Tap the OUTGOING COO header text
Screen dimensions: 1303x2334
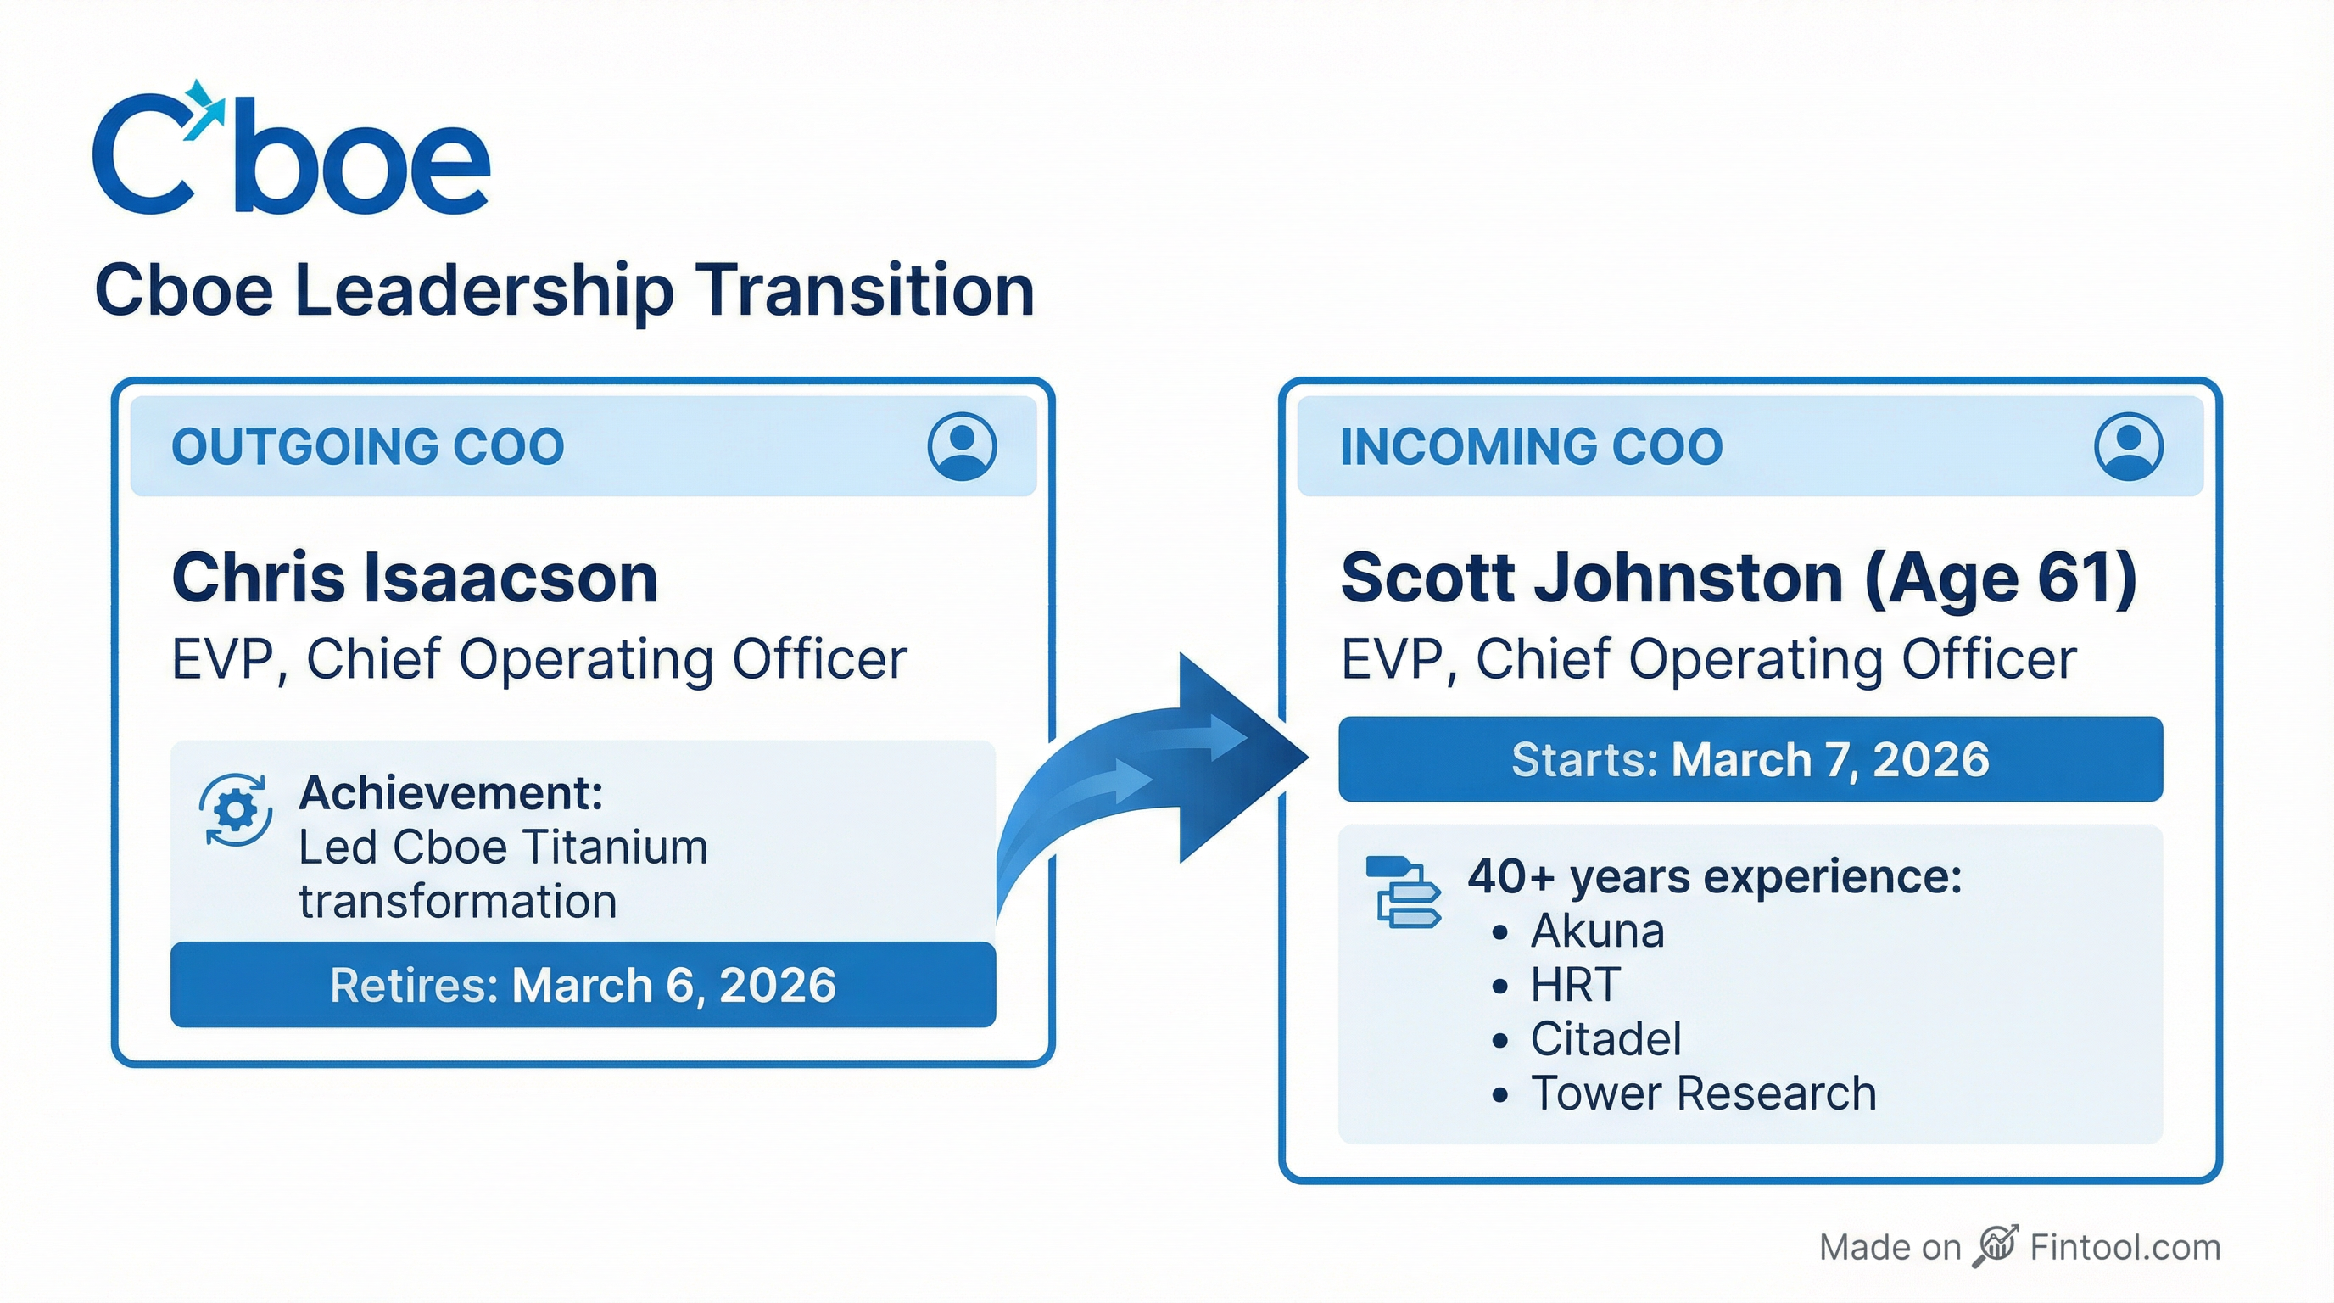[368, 447]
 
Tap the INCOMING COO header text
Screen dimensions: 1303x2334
[1531, 447]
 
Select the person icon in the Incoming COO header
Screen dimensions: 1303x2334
[2128, 446]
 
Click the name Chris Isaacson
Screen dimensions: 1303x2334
[415, 578]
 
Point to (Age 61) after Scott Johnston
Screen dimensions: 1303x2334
[2001, 578]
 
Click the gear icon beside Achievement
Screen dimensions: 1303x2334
[236, 809]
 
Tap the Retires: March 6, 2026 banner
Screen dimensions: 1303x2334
[583, 985]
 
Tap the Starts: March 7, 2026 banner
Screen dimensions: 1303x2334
[1750, 759]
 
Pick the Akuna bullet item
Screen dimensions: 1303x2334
[1596, 931]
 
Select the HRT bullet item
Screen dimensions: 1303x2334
[1575, 985]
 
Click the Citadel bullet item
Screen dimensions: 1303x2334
[1605, 1038]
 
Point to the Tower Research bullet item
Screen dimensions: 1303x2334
[1702, 1093]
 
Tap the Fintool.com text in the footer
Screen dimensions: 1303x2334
[2125, 1248]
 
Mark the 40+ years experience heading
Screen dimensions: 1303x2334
[1714, 877]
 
